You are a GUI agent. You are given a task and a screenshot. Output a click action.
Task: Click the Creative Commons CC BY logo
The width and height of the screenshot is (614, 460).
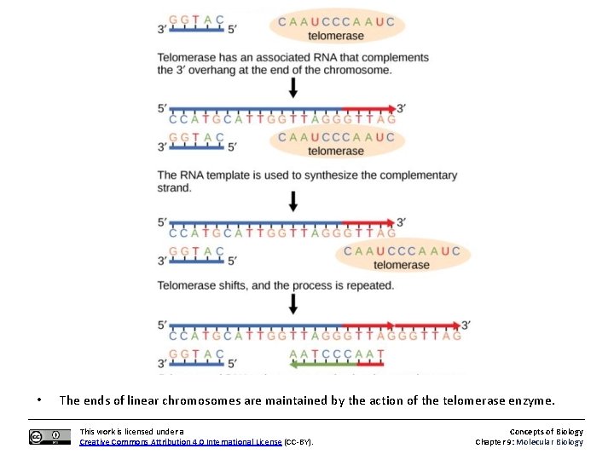[x=49, y=437]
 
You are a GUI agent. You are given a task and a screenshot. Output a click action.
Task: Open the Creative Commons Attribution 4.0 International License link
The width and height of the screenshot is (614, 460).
[x=180, y=442]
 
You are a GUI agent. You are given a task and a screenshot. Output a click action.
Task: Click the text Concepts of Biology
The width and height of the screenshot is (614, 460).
[x=547, y=432]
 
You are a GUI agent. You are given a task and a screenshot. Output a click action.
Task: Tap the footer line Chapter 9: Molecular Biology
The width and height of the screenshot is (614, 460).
[x=529, y=442]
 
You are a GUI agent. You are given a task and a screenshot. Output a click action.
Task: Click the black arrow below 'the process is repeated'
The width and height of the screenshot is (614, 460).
[x=293, y=304]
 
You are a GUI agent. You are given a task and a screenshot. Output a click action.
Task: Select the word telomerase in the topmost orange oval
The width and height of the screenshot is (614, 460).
[x=335, y=36]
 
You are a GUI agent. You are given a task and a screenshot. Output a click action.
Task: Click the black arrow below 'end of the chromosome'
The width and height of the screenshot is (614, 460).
[x=293, y=88]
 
